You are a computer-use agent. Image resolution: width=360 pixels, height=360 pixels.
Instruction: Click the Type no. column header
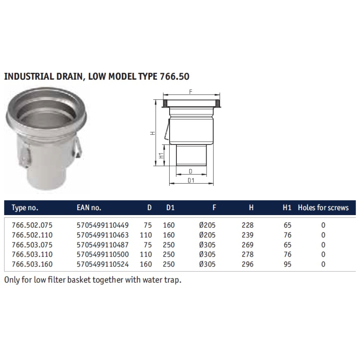pyautogui.click(x=25, y=208)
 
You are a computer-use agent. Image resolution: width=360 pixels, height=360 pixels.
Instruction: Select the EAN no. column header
pyautogui.click(x=89, y=208)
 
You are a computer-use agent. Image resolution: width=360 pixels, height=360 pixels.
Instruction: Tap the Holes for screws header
pyautogui.click(x=323, y=208)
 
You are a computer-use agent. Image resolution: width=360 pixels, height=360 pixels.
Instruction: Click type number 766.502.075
pyautogui.click(x=32, y=225)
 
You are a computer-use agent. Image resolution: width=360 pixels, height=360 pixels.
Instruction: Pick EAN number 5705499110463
pyautogui.click(x=103, y=235)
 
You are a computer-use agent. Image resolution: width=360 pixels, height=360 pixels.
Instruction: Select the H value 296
pyautogui.click(x=247, y=264)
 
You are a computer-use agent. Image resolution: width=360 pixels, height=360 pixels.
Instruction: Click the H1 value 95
pyautogui.click(x=288, y=264)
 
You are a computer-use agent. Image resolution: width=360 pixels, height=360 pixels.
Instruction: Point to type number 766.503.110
pyautogui.click(x=32, y=254)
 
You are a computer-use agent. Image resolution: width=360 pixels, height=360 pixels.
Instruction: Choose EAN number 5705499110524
pyautogui.click(x=103, y=264)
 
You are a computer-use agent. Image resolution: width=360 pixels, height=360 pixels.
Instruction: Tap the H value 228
pyautogui.click(x=247, y=225)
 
